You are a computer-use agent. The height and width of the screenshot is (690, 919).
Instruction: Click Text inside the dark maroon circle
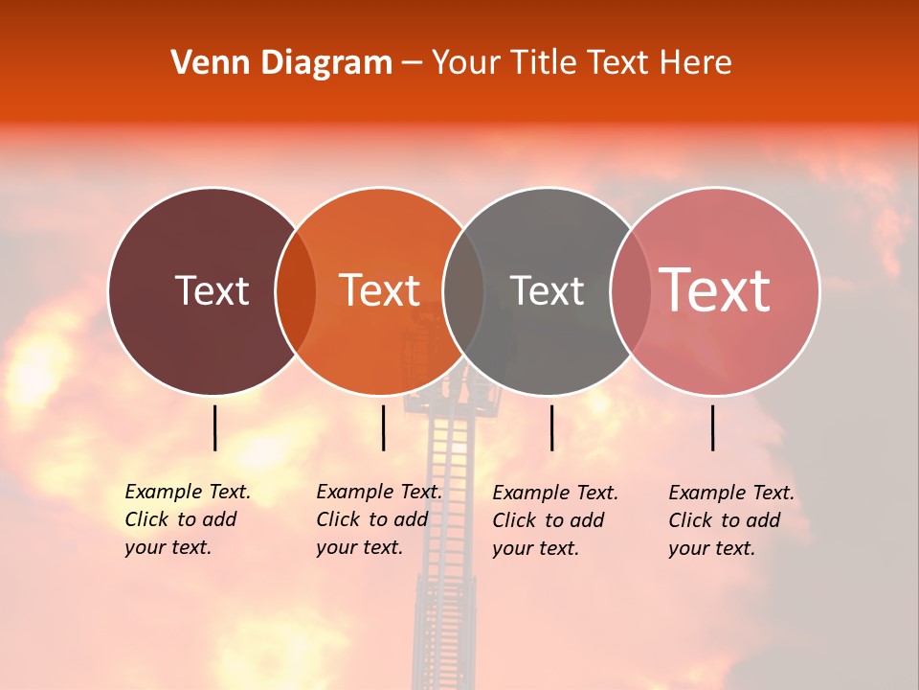point(212,290)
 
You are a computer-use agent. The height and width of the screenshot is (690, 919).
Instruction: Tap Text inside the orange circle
point(379,290)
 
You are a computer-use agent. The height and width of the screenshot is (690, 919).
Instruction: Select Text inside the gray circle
point(547,290)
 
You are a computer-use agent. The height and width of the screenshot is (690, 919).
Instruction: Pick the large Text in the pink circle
point(715,290)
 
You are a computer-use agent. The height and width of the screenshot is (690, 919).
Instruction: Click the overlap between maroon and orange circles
point(296,291)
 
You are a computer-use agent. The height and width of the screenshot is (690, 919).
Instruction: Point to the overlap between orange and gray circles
point(463,291)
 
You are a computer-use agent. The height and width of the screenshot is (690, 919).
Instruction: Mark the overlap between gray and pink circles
point(630,291)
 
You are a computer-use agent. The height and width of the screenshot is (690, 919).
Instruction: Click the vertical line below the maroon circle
point(214,427)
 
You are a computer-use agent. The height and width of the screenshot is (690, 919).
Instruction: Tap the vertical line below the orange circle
point(383,427)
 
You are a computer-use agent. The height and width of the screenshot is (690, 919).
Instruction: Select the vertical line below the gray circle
point(551,427)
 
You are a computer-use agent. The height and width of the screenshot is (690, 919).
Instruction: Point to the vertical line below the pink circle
point(713,427)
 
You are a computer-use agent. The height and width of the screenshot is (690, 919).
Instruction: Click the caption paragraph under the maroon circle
point(188,519)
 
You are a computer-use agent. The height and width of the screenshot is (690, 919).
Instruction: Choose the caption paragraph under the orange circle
point(379,519)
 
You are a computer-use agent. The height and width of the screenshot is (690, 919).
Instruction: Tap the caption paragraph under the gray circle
point(555,520)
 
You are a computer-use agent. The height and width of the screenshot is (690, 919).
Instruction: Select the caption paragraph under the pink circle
point(731,520)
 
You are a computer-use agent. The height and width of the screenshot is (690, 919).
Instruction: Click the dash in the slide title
point(412,63)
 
